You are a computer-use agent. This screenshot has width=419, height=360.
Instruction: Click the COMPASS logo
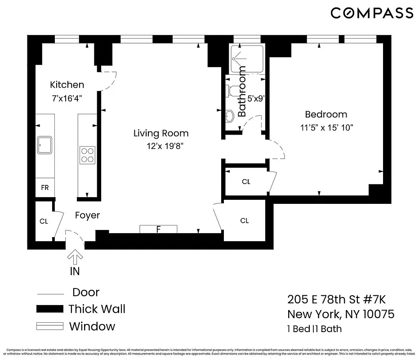tap(372, 13)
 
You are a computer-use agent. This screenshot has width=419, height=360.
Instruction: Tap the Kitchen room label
tap(67, 85)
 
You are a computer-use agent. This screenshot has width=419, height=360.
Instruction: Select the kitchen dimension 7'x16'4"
tap(67, 97)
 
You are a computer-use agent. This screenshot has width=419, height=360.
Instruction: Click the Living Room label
tap(161, 133)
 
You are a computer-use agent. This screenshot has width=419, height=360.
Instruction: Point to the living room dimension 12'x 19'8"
tap(165, 146)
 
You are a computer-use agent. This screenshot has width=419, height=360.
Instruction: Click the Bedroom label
tap(326, 114)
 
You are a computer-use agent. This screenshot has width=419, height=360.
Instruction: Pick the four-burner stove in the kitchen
tap(87, 154)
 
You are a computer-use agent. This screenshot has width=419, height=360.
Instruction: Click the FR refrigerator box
tap(45, 188)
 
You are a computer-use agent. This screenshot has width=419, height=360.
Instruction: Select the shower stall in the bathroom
tap(246, 59)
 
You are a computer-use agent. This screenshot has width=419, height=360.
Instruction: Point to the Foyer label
tap(87, 216)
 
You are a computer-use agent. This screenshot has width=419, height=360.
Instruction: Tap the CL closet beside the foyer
tap(44, 221)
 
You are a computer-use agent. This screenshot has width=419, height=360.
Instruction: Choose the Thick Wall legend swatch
tap(49, 309)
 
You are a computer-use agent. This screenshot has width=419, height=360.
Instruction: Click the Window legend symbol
tap(49, 326)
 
